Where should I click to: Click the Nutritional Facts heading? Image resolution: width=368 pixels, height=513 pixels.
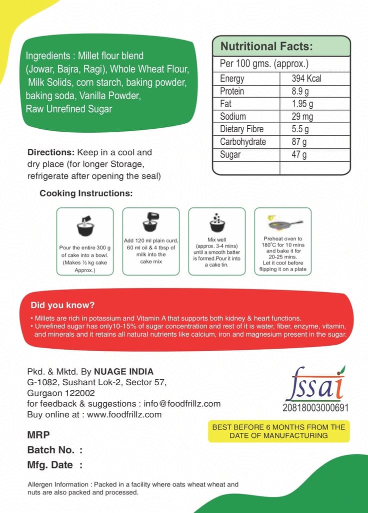tap(266, 47)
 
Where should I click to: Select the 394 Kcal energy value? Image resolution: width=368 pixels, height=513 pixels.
tap(306, 79)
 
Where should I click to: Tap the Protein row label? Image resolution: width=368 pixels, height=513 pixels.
tap(232, 91)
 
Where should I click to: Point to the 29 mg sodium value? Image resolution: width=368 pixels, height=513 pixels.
tap(302, 116)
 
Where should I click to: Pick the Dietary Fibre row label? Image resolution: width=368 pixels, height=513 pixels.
tap(241, 129)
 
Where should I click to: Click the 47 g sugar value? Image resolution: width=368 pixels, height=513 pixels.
tap(299, 154)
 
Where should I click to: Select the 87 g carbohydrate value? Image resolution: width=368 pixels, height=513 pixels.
tap(299, 142)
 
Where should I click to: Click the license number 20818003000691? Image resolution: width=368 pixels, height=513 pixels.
tap(315, 407)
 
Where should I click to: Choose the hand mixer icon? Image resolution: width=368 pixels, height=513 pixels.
tap(151, 222)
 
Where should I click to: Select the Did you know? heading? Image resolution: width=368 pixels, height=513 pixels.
tap(62, 305)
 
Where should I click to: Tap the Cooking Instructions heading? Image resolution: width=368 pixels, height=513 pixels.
tap(86, 193)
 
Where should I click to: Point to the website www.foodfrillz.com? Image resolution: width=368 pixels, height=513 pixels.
tap(124, 414)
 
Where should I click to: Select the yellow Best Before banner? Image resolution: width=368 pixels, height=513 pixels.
tap(278, 431)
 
